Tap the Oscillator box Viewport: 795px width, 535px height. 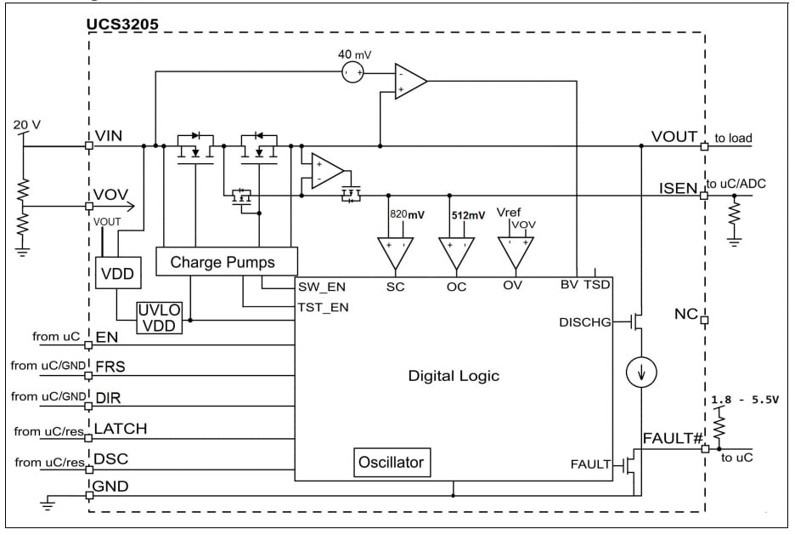[392, 464]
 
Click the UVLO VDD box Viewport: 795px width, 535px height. [160, 317]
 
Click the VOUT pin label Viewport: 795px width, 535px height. [674, 136]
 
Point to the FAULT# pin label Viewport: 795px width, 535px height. [671, 438]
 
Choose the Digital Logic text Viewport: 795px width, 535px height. [454, 375]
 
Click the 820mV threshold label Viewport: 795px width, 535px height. [406, 215]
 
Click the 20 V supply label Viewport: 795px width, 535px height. [22, 125]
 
